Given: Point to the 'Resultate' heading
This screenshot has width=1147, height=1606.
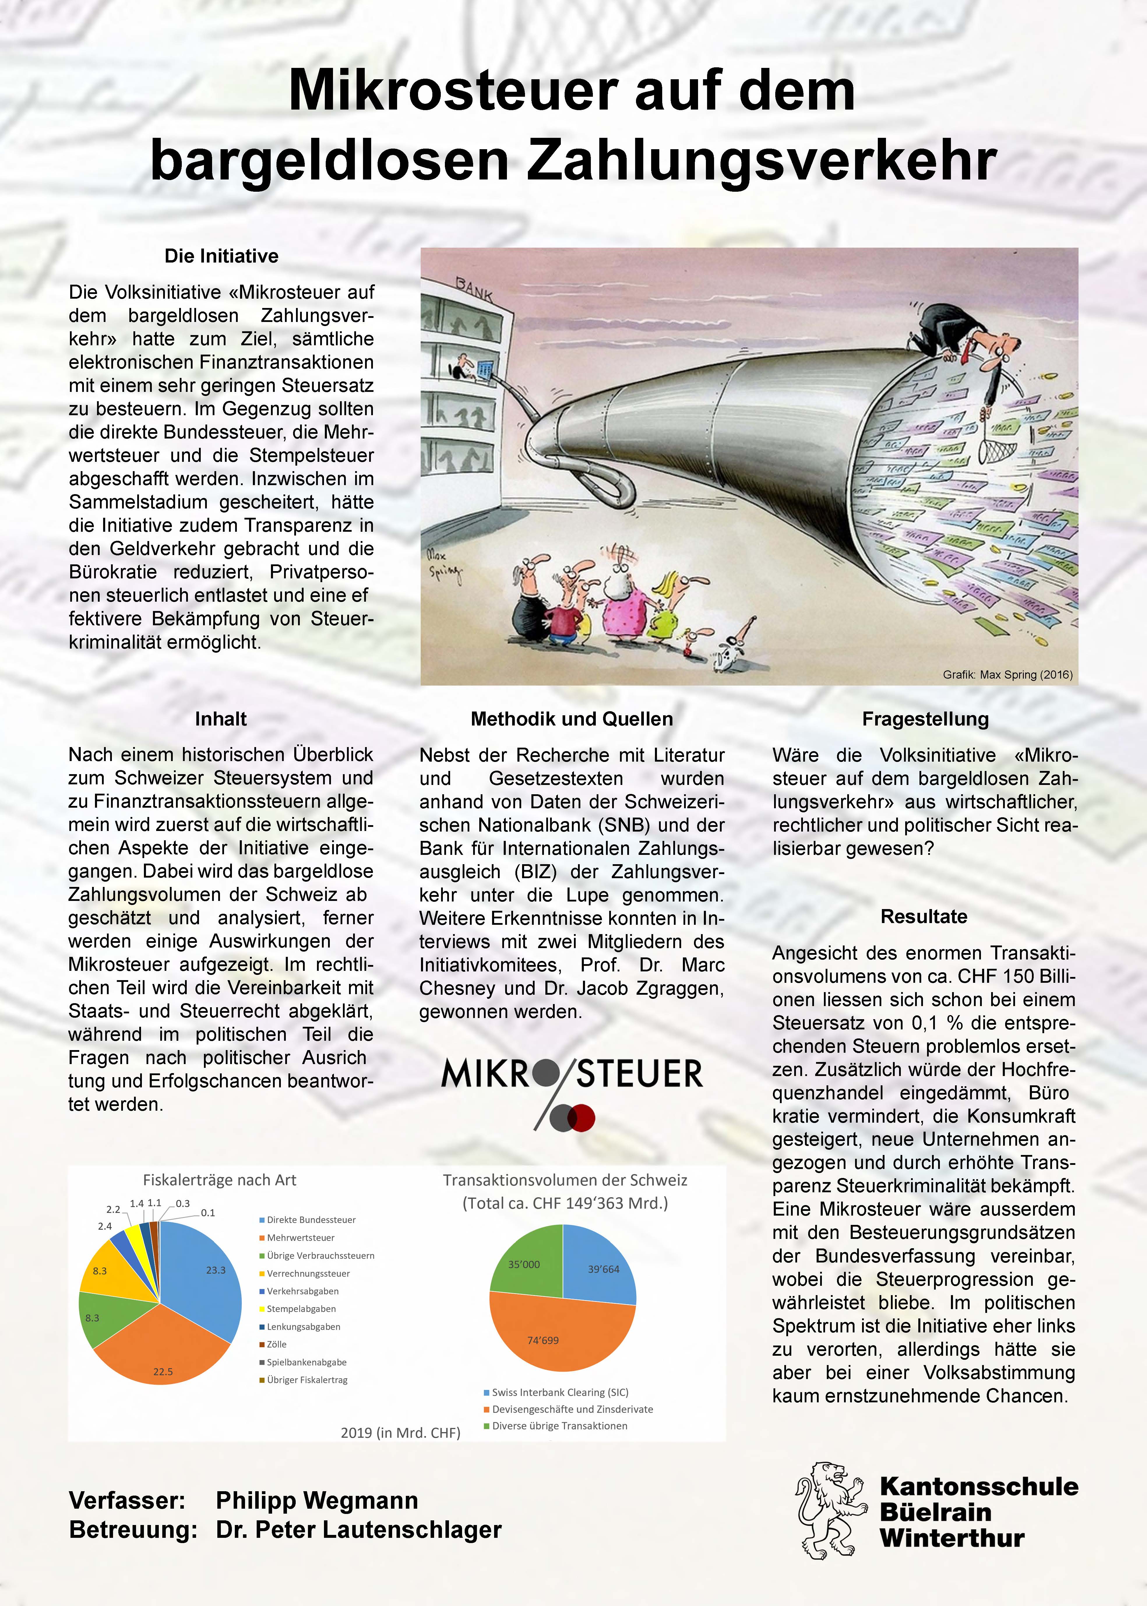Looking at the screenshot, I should pos(924,917).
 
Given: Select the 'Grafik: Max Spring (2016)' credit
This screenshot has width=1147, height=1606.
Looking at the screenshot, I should pos(1007,675).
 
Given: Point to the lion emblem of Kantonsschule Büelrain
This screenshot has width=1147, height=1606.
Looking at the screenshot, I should pos(831,1510).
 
